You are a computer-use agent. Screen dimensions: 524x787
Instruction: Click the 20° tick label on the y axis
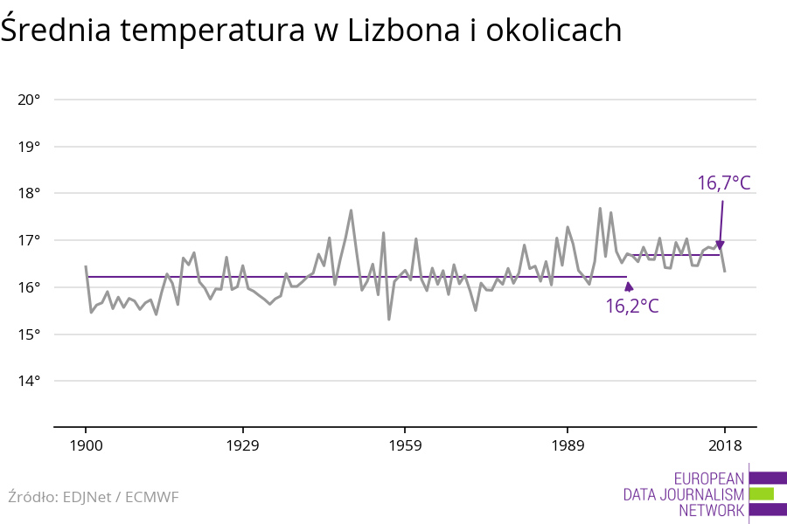pos(29,100)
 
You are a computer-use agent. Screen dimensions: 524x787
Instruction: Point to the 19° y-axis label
pos(29,147)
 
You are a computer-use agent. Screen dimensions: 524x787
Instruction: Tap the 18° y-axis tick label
pos(29,194)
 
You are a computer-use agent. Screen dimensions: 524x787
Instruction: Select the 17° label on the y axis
pos(29,240)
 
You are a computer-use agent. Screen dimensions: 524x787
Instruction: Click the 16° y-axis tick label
pos(29,287)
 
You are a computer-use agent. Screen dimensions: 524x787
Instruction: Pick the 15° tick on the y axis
pos(29,334)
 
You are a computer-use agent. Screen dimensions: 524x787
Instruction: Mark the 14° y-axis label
pos(29,382)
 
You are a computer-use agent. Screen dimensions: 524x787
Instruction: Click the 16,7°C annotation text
pos(723,183)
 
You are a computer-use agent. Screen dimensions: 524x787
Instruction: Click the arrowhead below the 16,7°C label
pos(720,246)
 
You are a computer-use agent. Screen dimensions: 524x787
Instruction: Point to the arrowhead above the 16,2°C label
pos(629,286)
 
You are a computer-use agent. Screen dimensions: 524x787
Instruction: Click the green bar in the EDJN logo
pos(762,494)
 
